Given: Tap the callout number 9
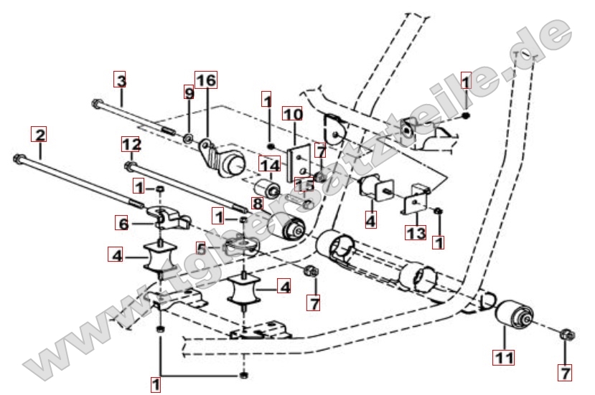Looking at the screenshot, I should [189, 93].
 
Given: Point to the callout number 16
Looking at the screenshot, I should [206, 80].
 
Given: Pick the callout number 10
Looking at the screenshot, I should [293, 114].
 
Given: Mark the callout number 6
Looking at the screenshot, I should [123, 224].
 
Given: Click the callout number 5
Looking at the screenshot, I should [202, 249].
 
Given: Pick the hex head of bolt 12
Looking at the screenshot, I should [129, 166].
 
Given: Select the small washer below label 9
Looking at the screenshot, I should [187, 136].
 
